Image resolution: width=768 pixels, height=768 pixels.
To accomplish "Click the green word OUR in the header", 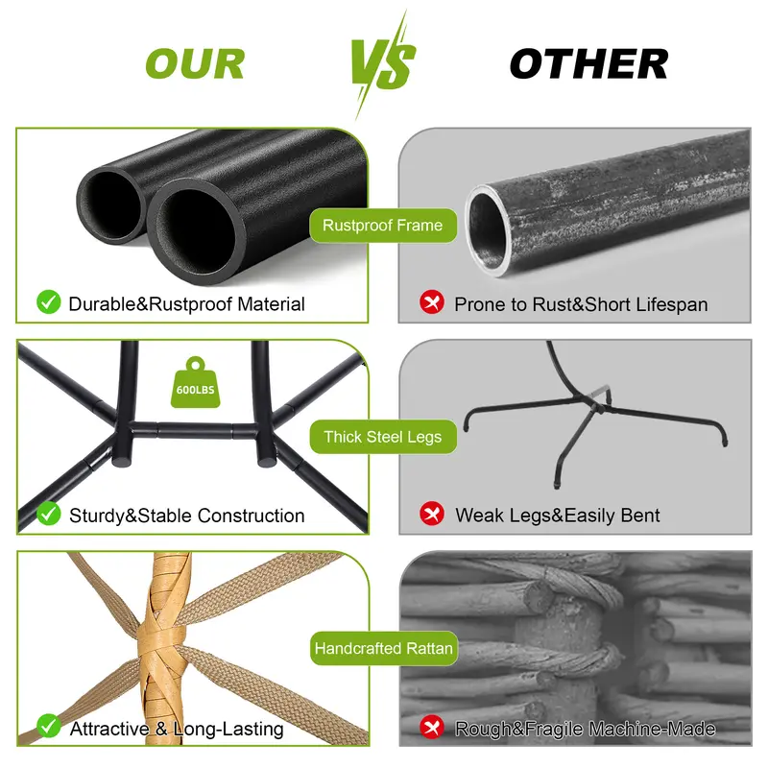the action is [195, 63].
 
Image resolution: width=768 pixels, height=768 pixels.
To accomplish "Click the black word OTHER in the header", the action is [588, 63].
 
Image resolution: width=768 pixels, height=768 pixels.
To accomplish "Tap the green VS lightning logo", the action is [383, 63].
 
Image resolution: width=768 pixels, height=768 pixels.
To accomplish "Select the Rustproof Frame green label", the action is [382, 226].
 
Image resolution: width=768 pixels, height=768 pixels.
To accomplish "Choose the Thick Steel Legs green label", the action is [382, 437].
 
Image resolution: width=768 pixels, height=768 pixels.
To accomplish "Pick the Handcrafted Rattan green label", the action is [383, 648].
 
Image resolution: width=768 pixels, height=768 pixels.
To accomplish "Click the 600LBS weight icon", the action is [195, 382].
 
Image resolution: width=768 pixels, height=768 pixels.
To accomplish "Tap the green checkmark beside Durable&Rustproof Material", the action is [49, 301].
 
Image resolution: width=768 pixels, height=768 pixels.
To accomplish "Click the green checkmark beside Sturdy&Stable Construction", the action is [49, 514].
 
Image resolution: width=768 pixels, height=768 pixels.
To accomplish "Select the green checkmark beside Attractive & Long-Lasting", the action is [49, 726].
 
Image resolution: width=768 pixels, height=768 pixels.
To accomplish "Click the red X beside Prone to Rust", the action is [431, 301].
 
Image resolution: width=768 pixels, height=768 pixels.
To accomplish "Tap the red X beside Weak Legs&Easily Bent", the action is [431, 514].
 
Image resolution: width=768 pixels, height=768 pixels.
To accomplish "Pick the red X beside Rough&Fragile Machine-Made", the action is [431, 726].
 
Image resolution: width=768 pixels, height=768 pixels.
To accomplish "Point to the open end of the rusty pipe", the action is [490, 230].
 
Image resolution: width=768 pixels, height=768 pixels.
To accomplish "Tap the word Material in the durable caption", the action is [271, 304].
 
